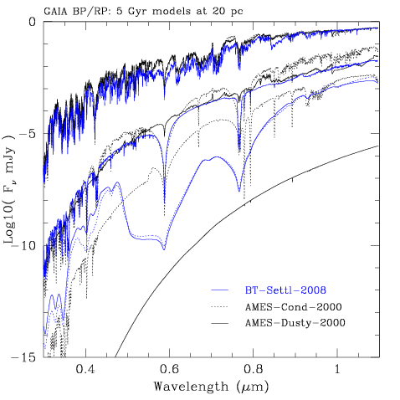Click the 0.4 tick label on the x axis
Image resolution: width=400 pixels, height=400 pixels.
(86, 369)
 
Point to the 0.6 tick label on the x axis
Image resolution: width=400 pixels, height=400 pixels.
(169, 369)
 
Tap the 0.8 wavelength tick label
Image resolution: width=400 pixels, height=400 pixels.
(253, 369)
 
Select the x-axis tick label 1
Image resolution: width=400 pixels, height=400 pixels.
(337, 369)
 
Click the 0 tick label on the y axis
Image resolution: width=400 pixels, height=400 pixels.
(33, 22)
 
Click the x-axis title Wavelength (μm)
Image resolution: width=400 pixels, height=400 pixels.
(211, 387)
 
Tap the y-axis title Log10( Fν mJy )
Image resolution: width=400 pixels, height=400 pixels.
(9, 190)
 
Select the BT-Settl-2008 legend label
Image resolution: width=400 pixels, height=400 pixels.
(285, 290)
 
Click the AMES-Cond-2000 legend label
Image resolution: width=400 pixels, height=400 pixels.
(294, 307)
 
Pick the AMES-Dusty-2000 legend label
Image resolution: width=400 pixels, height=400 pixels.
(295, 323)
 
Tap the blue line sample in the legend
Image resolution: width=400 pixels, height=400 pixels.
(219, 290)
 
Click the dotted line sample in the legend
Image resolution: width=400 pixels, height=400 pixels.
(219, 307)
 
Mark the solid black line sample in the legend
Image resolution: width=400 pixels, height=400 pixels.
(219, 323)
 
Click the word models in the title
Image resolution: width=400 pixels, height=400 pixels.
(171, 12)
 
